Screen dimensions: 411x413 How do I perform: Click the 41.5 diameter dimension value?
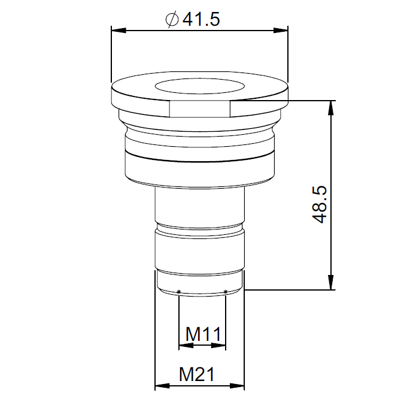coord(201,19)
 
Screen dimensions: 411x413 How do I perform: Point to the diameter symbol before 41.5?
coord(171,20)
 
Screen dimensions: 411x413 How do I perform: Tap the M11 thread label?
coord(202,334)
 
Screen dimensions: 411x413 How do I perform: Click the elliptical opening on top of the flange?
coord(199,87)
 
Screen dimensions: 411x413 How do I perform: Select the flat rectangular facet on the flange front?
coord(200,108)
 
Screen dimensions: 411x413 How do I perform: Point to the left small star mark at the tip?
coord(179,292)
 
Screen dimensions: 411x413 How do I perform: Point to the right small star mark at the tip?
coord(225,292)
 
